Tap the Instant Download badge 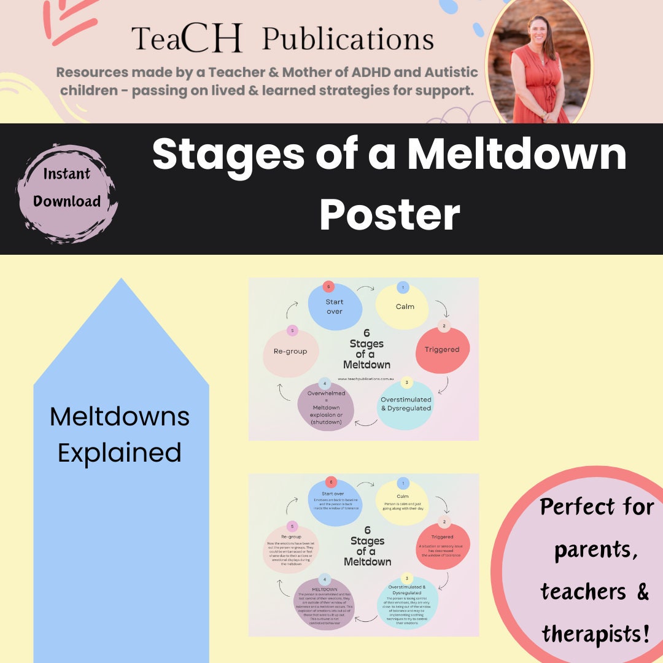click(67, 188)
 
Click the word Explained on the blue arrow click(120, 452)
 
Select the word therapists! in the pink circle click(595, 632)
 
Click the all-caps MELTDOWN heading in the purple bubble click(325, 589)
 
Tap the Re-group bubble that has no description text click(290, 352)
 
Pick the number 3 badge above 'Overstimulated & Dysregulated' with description click(406, 579)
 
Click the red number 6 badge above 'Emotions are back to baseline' click(331, 482)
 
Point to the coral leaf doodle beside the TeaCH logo click(71, 18)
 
